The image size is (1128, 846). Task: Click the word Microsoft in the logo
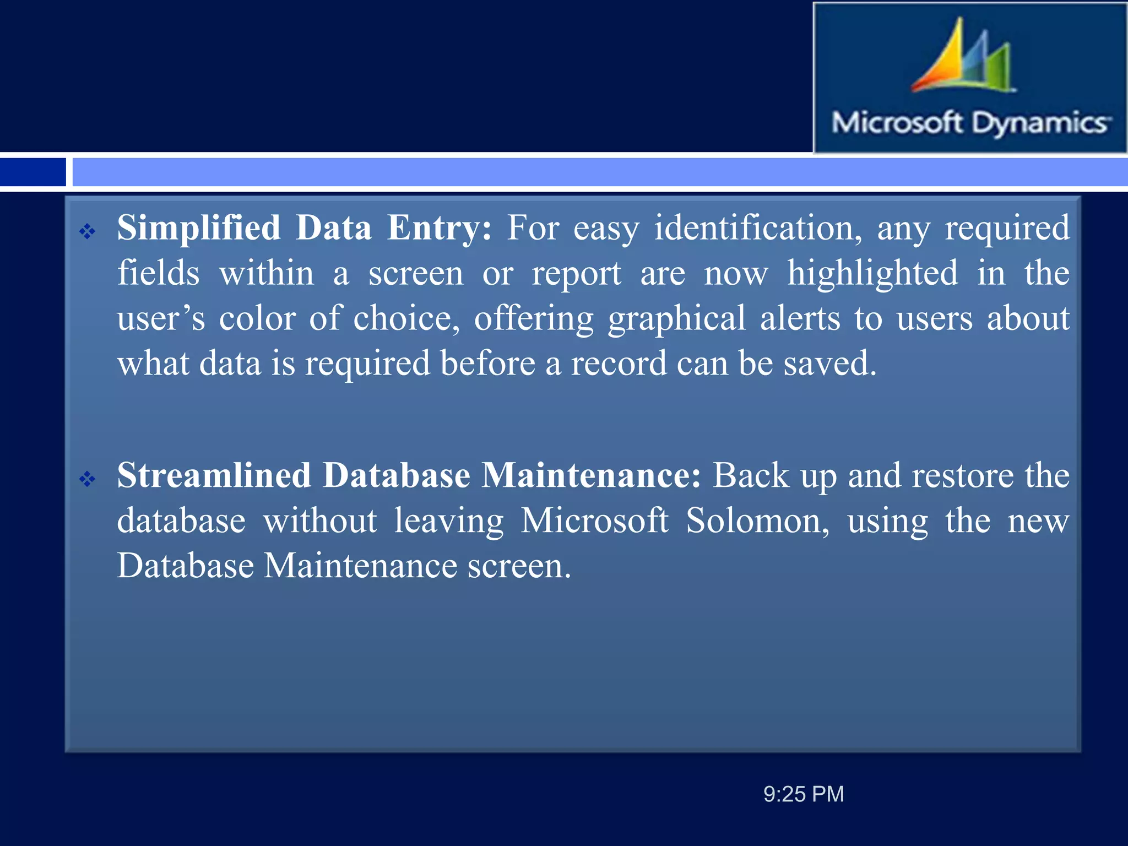pyautogui.click(x=897, y=122)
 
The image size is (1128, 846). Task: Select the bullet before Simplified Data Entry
pyautogui.click(x=87, y=231)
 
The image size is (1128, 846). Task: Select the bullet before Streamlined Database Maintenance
pyautogui.click(x=87, y=479)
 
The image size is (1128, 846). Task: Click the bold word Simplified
pyautogui.click(x=199, y=228)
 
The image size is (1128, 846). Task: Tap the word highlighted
pyautogui.click(x=872, y=273)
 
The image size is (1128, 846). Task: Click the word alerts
pyautogui.click(x=800, y=318)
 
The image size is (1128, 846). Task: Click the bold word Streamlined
pyautogui.click(x=213, y=475)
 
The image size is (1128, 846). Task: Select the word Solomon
pyautogui.click(x=757, y=520)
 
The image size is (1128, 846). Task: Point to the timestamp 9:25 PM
pyautogui.click(x=804, y=794)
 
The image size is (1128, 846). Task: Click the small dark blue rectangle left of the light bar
pyautogui.click(x=33, y=172)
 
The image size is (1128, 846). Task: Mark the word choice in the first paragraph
pyautogui.click(x=406, y=318)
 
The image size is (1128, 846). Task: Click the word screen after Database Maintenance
pyautogui.click(x=519, y=566)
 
